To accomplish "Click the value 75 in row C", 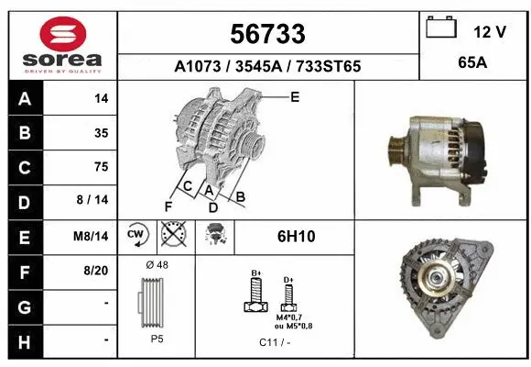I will click(101, 167).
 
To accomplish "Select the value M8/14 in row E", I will click(92, 236).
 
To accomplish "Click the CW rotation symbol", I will click(136, 235).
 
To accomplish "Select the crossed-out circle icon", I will click(170, 235).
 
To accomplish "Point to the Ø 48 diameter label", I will click(157, 264).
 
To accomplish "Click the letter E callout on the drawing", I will click(295, 95).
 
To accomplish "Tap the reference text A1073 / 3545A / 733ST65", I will click(268, 67).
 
